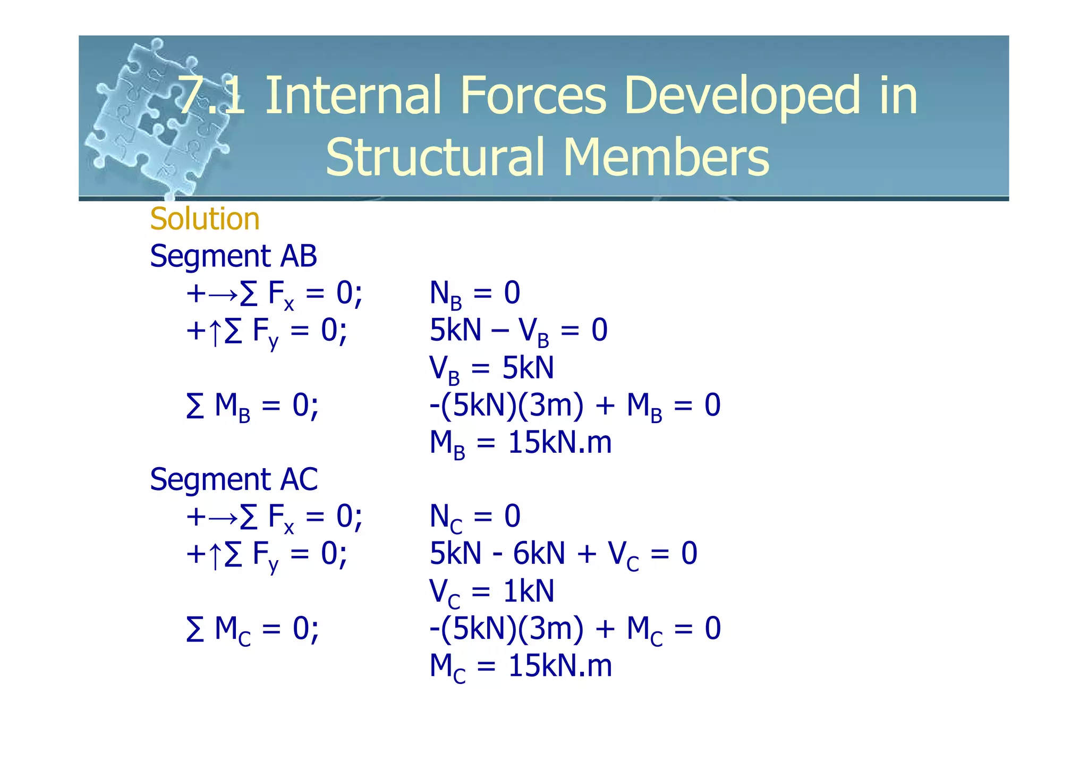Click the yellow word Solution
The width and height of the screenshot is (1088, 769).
click(205, 219)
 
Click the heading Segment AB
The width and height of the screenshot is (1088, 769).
click(233, 256)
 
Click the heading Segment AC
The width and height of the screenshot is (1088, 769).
click(233, 479)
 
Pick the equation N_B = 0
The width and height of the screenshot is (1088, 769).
click(474, 293)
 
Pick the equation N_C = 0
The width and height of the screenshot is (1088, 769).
click(474, 517)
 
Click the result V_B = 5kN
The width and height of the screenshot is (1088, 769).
click(491, 368)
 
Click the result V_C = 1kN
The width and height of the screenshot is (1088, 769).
click(491, 591)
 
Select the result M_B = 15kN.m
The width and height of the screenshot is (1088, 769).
click(521, 443)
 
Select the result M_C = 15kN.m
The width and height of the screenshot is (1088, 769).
click(521, 666)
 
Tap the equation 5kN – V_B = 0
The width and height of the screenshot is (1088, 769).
click(518, 331)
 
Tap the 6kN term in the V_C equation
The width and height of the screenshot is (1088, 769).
click(539, 554)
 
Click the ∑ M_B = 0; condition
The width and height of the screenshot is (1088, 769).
click(252, 406)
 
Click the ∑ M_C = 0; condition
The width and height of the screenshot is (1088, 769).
click(252, 629)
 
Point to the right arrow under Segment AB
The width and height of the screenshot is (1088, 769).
click(223, 293)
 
